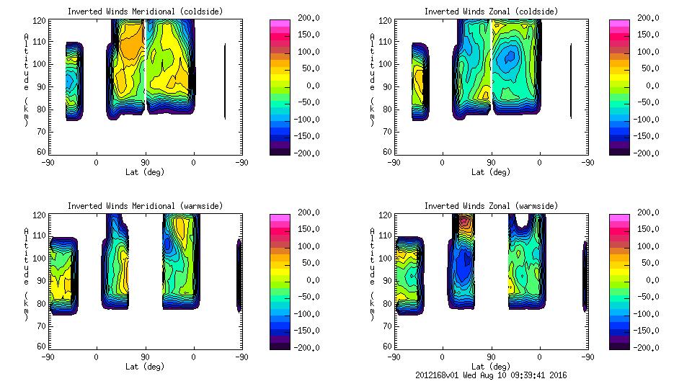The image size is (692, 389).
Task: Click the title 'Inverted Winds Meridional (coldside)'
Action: pyautogui.click(x=145, y=11)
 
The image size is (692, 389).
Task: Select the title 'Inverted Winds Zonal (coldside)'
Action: pyautogui.click(x=491, y=11)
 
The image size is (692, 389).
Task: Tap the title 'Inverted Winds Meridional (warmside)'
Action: pyautogui.click(x=145, y=205)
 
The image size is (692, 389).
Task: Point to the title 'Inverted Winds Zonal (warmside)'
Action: pyautogui.click(x=491, y=205)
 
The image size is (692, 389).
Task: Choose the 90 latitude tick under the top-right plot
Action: pyautogui.click(x=491, y=162)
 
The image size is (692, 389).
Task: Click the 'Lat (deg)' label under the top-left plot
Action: pyautogui.click(x=145, y=171)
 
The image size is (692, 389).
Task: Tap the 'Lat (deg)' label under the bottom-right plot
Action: pyautogui.click(x=491, y=366)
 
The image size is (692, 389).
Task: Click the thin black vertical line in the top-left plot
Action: pyautogui.click(x=225, y=81)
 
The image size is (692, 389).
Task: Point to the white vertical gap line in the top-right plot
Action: pyautogui.click(x=491, y=58)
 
